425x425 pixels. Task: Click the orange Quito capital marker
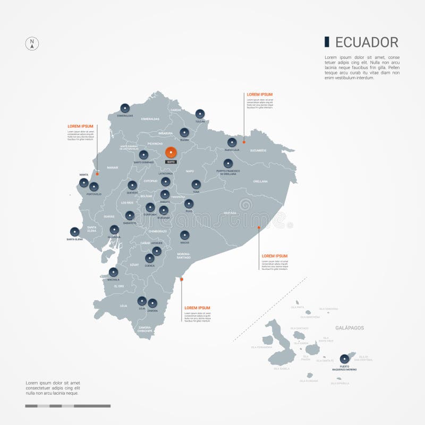(171, 152)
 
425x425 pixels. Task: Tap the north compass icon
(32, 44)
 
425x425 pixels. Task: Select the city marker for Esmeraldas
(125, 107)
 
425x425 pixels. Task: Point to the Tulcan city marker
(200, 113)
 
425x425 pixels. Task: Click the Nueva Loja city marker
(232, 142)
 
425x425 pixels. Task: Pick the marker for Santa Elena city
(74, 232)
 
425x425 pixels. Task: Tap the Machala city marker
(113, 271)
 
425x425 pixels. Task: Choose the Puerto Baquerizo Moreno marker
(344, 359)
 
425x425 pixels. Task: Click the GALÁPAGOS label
(349, 328)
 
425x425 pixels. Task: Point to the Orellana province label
(260, 181)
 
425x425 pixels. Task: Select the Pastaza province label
(229, 212)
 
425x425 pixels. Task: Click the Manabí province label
(112, 167)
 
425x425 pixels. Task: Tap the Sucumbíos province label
(259, 150)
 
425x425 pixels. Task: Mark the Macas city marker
(184, 235)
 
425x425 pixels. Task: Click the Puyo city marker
(189, 203)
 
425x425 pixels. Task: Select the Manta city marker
(83, 183)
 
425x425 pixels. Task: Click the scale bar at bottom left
(67, 406)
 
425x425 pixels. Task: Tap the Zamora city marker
(152, 303)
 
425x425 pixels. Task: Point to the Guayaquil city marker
(114, 229)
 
